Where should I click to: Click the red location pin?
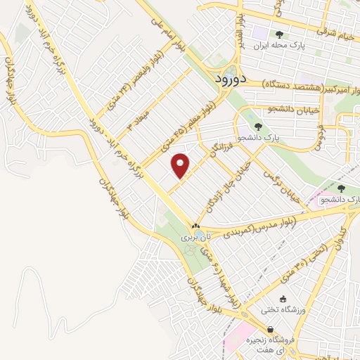[181, 166]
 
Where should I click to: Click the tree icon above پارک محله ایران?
[279, 34]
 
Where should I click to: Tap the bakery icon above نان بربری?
[196, 226]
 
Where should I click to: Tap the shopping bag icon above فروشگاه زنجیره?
[270, 329]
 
